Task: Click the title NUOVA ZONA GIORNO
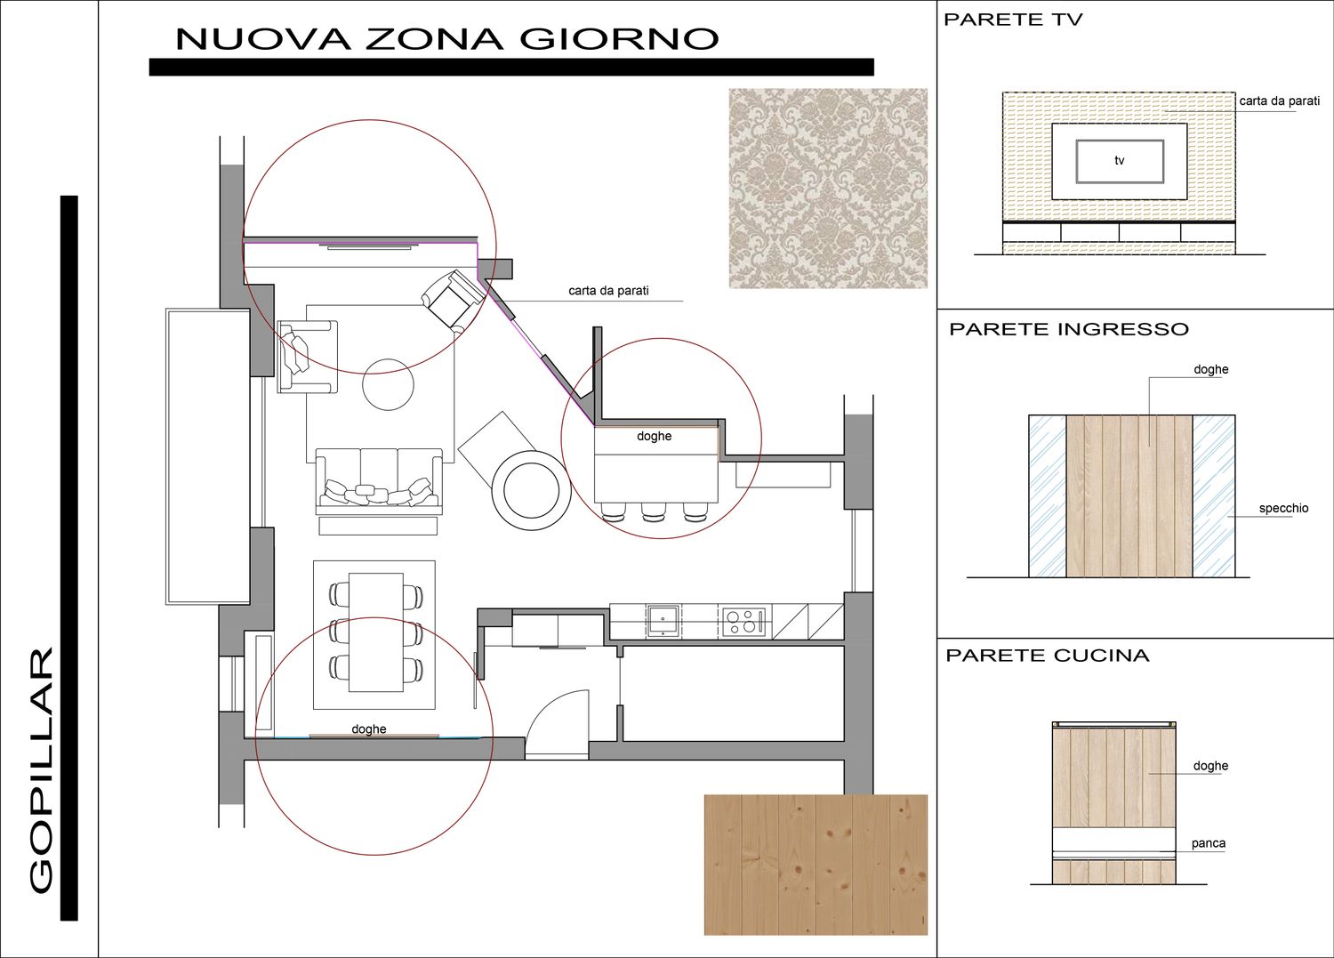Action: (x=446, y=39)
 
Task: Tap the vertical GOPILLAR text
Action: (x=41, y=769)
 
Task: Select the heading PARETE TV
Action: (x=1012, y=20)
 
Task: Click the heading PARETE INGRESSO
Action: (x=1069, y=329)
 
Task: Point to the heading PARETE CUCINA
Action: (x=1048, y=656)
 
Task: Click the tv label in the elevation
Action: (x=1120, y=160)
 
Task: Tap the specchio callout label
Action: (x=1283, y=508)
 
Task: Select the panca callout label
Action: (x=1209, y=843)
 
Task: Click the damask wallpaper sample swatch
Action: (x=828, y=189)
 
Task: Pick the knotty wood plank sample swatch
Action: (x=816, y=865)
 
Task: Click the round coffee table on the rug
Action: (x=388, y=384)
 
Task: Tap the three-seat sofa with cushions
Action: (x=380, y=482)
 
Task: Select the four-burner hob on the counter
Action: (x=743, y=622)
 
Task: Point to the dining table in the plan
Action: (x=376, y=632)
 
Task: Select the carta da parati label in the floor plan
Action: (x=608, y=291)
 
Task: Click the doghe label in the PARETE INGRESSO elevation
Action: (x=1210, y=369)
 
